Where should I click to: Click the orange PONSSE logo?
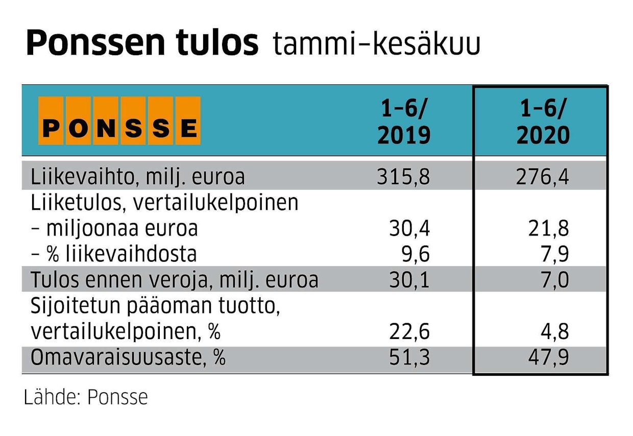(119, 120)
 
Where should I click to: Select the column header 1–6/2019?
(404, 123)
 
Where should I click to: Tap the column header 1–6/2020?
(542, 123)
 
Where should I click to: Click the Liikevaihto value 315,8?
(404, 177)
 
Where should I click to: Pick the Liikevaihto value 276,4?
(542, 177)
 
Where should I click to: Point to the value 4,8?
(555, 332)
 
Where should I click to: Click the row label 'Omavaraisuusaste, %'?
(128, 358)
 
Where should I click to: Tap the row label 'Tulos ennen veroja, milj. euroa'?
(174, 280)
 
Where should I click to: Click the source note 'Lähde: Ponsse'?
(86, 397)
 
